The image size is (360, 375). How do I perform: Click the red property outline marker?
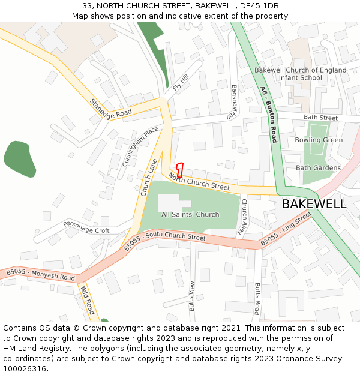(179, 169)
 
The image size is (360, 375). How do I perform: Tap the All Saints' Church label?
(190, 214)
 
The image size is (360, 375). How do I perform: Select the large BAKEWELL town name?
(314, 204)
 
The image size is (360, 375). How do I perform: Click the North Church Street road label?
(199, 181)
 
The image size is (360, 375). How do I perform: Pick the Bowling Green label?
(319, 140)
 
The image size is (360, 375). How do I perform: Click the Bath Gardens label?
(318, 168)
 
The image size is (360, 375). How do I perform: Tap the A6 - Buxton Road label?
(269, 114)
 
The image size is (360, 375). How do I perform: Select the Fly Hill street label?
(181, 83)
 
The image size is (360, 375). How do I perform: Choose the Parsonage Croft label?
(87, 227)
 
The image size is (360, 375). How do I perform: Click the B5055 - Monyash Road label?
(41, 275)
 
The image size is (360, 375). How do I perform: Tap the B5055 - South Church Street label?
(165, 241)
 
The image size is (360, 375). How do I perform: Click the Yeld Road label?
(88, 299)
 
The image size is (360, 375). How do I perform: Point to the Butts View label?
(193, 296)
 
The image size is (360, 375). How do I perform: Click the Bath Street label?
(320, 118)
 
